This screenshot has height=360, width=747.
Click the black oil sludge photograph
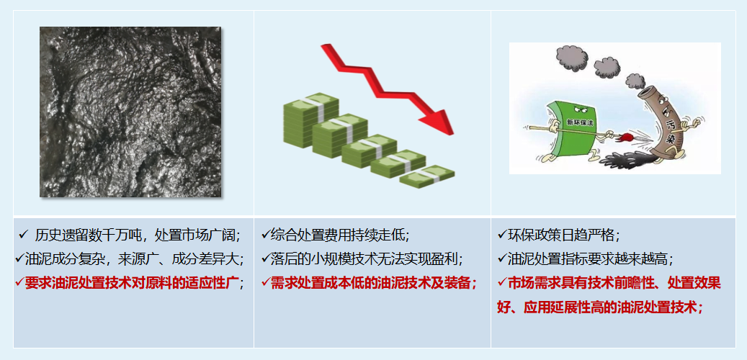pos(130,112)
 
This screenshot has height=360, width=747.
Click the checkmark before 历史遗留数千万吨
pos(23,235)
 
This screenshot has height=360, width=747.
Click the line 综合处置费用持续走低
pos(339,235)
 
